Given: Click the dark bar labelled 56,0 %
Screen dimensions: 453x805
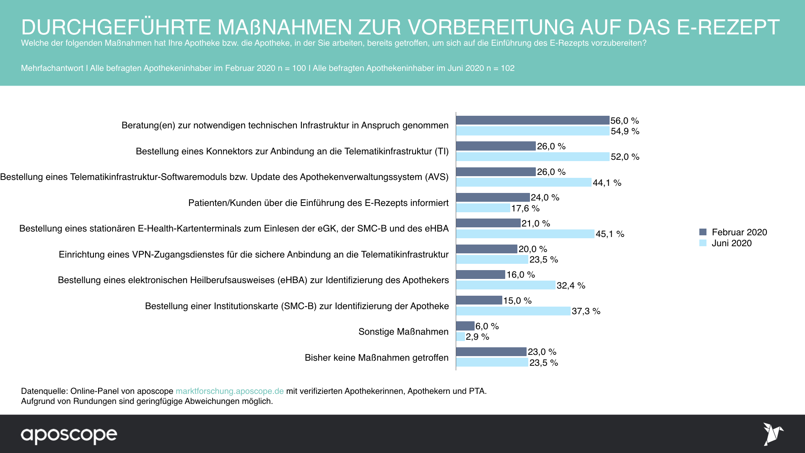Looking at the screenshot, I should (532, 120).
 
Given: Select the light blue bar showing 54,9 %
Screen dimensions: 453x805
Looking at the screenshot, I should (532, 131).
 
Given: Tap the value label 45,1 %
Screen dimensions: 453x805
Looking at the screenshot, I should (610, 234).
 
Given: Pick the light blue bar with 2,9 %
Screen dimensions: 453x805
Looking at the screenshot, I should (460, 337).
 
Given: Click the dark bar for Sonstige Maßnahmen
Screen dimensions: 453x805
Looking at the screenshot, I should (465, 326).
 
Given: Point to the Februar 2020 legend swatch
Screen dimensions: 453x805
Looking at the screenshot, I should (703, 232).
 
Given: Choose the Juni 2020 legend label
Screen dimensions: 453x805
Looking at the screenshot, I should (732, 243).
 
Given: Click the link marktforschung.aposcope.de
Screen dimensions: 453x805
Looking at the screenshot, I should (229, 391).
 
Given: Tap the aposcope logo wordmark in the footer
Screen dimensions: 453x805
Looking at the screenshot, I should (69, 435).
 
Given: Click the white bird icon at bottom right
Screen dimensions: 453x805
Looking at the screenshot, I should (773, 434).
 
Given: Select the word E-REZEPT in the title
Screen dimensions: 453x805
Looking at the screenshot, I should (728, 27).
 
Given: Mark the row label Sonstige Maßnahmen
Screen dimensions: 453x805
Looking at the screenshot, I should (403, 332).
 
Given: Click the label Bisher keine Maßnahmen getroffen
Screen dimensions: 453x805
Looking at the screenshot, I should (377, 358).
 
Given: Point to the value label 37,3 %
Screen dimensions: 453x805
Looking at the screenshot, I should (586, 311).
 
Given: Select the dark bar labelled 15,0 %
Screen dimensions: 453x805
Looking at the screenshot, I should (479, 300).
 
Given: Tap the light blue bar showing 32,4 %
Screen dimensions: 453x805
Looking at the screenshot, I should (506, 285).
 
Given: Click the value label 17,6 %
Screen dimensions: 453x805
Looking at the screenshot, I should (525, 208).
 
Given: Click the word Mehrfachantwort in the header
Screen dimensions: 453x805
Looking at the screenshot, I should (52, 68).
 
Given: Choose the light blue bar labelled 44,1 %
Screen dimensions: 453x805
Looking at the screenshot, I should (524, 182).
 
